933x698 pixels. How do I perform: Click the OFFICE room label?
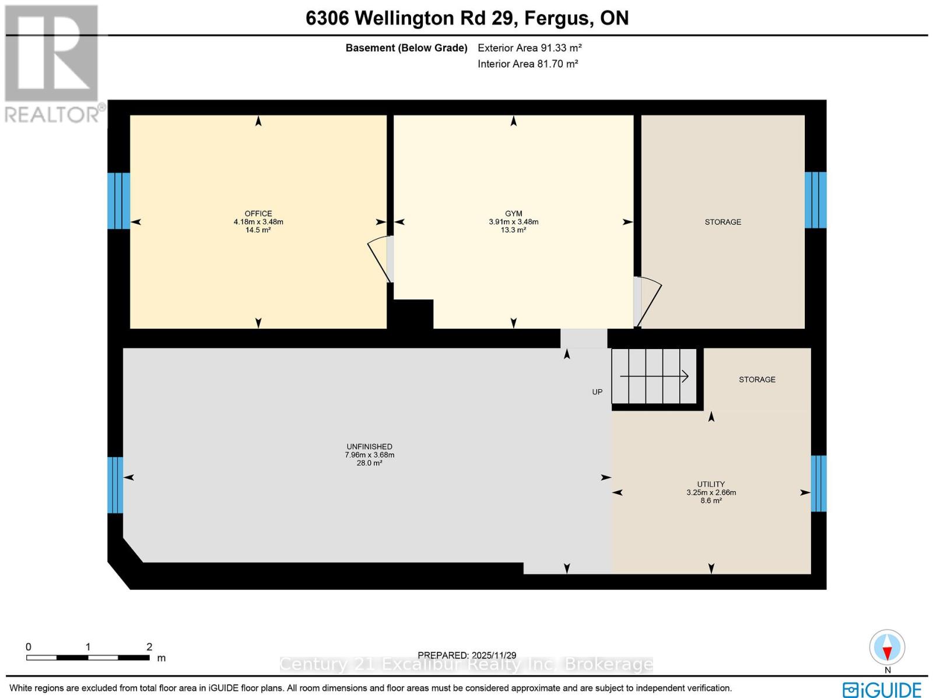pyautogui.click(x=258, y=214)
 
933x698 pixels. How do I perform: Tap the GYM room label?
pyautogui.click(x=513, y=214)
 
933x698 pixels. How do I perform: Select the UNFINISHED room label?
pyautogui.click(x=369, y=447)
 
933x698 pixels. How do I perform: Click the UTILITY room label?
pyautogui.click(x=711, y=484)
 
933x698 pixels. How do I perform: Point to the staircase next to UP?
pyautogui.click(x=654, y=376)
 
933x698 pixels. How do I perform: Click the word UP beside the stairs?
pyautogui.click(x=597, y=392)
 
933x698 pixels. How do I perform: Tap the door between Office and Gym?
pyautogui.click(x=381, y=259)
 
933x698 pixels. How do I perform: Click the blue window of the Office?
pyautogui.click(x=118, y=200)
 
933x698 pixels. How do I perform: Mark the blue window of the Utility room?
pyautogui.click(x=819, y=483)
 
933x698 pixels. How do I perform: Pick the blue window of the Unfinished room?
pyautogui.click(x=115, y=485)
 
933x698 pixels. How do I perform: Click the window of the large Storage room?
pyautogui.click(x=815, y=200)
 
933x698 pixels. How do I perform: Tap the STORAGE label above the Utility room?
pyautogui.click(x=757, y=379)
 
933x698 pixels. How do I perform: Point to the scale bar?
pyautogui.click(x=87, y=657)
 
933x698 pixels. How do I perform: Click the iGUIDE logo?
pyautogui.click(x=882, y=690)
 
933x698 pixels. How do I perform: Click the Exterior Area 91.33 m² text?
pyautogui.click(x=529, y=48)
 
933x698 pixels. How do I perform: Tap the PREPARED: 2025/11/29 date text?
pyautogui.click(x=467, y=655)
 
